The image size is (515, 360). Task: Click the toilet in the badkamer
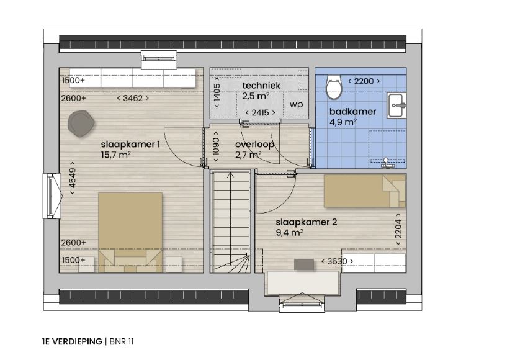pyautogui.click(x=334, y=87)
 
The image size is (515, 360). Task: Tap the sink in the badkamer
pyautogui.click(x=396, y=105)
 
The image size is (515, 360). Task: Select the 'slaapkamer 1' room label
pyautogui.click(x=130, y=144)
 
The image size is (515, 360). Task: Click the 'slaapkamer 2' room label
pyautogui.click(x=307, y=222)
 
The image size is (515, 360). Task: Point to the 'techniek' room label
pyautogui.click(x=261, y=86)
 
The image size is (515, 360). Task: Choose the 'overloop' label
pyautogui.click(x=254, y=145)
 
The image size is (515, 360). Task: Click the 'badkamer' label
pyautogui.click(x=353, y=111)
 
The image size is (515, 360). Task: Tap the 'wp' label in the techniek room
pyautogui.click(x=296, y=105)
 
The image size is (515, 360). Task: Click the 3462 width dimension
pyautogui.click(x=133, y=98)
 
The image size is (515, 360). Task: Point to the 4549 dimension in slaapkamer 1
pyautogui.click(x=73, y=178)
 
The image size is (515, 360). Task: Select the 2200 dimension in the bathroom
pyautogui.click(x=364, y=81)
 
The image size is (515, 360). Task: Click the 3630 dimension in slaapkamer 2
pyautogui.click(x=338, y=261)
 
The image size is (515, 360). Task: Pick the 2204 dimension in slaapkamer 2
pyautogui.click(x=398, y=229)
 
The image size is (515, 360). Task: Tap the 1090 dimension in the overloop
pyautogui.click(x=216, y=147)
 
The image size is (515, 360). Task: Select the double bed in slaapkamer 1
pyautogui.click(x=130, y=233)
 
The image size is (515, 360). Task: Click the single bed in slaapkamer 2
pyautogui.click(x=365, y=191)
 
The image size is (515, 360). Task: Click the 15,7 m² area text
pyautogui.click(x=116, y=155)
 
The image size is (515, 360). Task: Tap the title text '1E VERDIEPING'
pyautogui.click(x=72, y=341)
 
